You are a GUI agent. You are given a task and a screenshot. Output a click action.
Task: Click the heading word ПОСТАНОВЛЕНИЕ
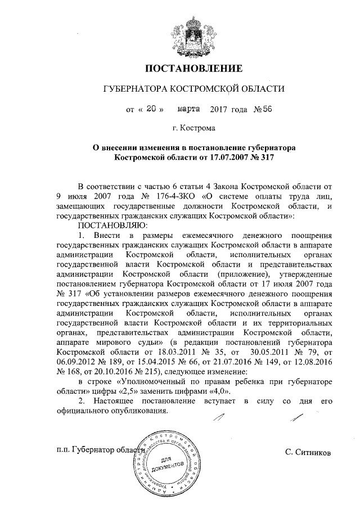(194, 69)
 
